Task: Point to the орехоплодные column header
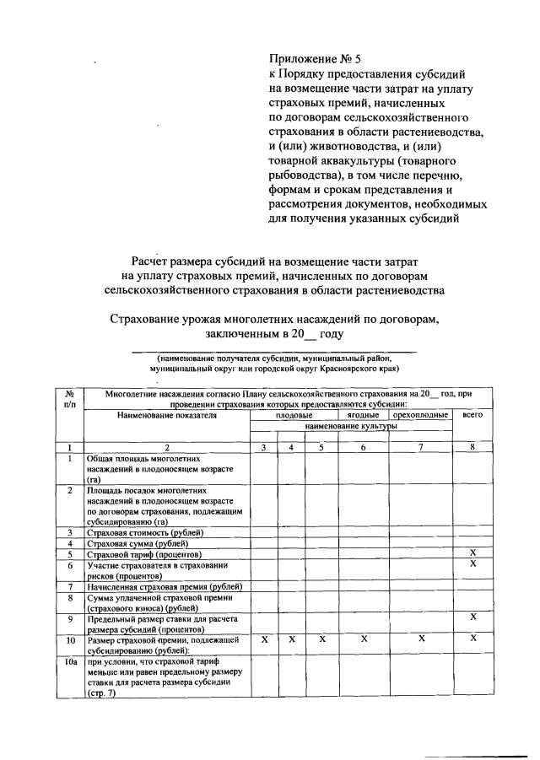tap(420, 415)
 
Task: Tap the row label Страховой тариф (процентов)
tap(144, 554)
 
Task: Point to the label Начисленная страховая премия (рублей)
tap(165, 586)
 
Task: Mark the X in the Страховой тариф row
tap(472, 552)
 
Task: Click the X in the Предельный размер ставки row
tap(472, 617)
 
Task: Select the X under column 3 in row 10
tap(264, 640)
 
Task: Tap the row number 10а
tap(70, 664)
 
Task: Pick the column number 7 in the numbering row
tap(420, 447)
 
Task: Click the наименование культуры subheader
tap(350, 427)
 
